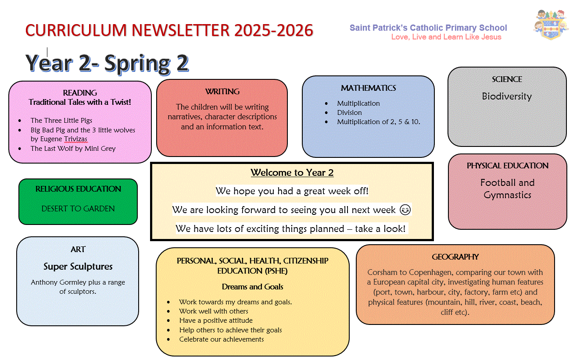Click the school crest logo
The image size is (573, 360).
[551, 25]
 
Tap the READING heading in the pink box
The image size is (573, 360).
[80, 93]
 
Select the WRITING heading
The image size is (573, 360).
[222, 91]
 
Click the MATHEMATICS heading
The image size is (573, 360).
[369, 88]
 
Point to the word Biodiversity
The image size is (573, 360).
[507, 96]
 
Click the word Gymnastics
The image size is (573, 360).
[507, 195]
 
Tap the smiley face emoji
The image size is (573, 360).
[405, 210]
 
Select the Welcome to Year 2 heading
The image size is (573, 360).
[292, 173]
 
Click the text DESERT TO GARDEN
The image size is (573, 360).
[78, 208]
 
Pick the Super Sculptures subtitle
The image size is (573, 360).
[78, 267]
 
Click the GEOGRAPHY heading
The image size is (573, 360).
[455, 257]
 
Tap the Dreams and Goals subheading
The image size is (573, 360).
[252, 287]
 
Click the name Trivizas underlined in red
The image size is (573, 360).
[75, 139]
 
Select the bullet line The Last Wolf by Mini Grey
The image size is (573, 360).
[73, 149]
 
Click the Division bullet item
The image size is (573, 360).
[349, 113]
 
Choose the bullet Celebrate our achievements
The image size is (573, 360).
[222, 339]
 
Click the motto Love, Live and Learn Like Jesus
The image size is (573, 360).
[446, 37]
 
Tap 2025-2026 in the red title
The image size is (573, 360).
[273, 30]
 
